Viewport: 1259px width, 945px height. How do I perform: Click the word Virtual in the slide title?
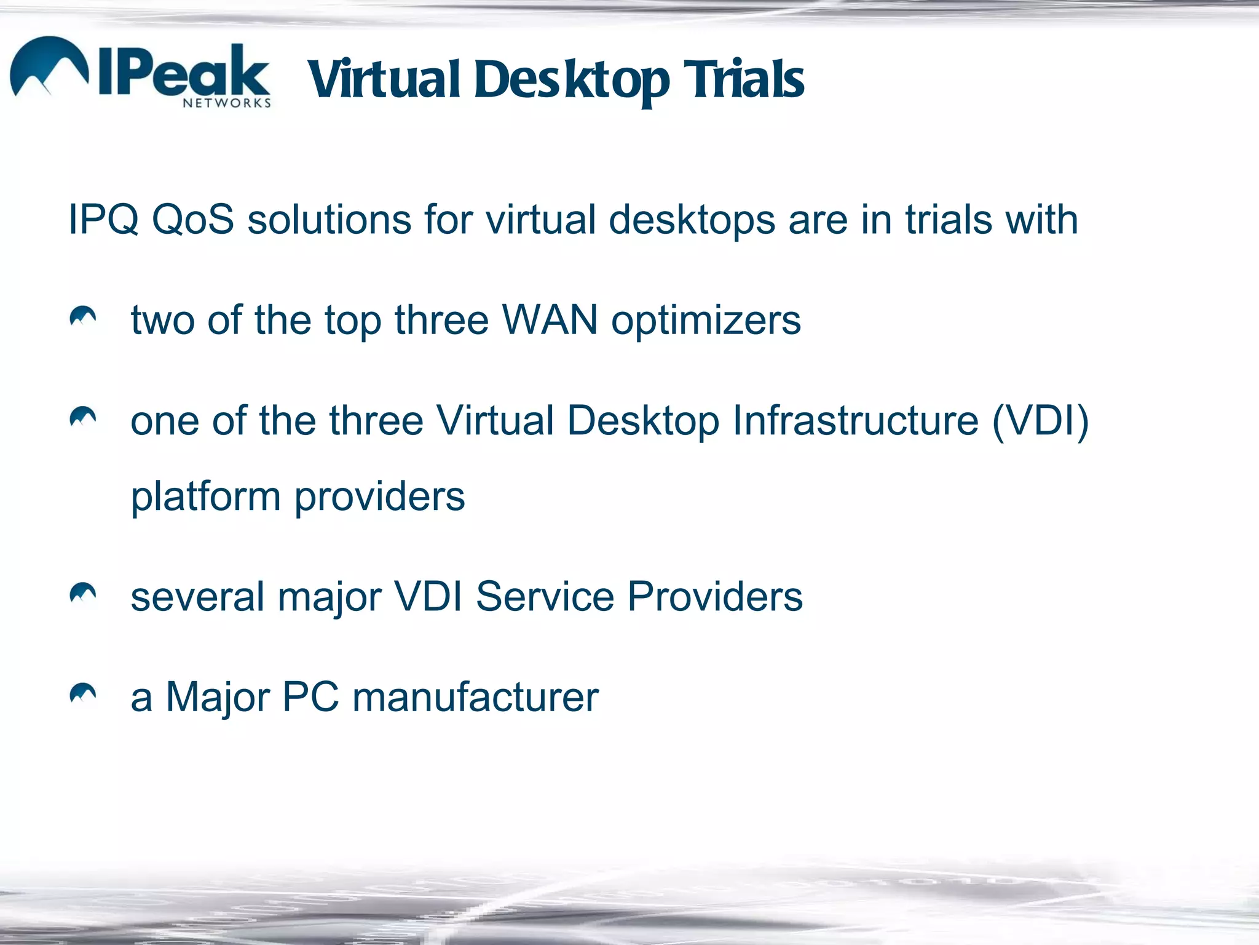click(x=384, y=80)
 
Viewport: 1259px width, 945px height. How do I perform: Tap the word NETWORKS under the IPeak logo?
click(x=226, y=103)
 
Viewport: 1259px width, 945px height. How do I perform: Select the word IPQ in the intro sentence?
click(x=103, y=220)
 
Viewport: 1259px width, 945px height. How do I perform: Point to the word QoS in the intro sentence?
click(x=193, y=220)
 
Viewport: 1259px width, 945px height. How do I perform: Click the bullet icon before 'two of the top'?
click(x=83, y=316)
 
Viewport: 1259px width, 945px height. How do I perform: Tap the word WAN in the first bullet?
click(x=550, y=320)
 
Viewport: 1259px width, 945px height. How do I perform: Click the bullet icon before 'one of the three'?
click(x=83, y=417)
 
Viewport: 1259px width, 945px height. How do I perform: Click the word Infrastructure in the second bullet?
click(x=855, y=421)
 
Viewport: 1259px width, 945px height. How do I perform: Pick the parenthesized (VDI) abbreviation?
click(x=1040, y=422)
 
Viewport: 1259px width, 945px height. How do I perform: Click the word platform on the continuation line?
click(x=205, y=497)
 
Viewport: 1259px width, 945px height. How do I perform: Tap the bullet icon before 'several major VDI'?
click(x=83, y=593)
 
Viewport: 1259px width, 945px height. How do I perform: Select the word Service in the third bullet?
click(x=545, y=597)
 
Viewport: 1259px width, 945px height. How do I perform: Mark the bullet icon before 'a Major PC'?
click(x=83, y=693)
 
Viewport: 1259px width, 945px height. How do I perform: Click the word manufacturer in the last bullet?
click(x=475, y=698)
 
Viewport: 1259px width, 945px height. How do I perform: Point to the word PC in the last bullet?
click(x=310, y=698)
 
